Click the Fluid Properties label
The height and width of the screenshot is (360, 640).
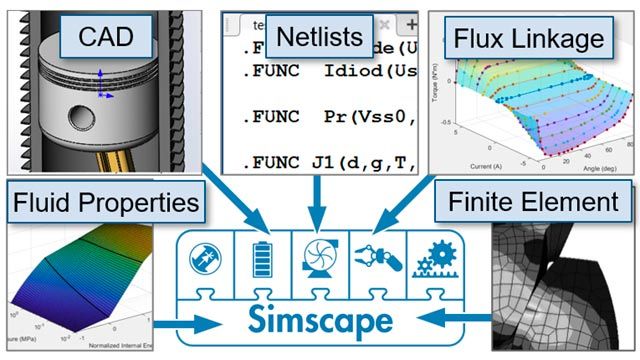(105, 204)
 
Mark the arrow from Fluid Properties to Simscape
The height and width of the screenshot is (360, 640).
(190, 322)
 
